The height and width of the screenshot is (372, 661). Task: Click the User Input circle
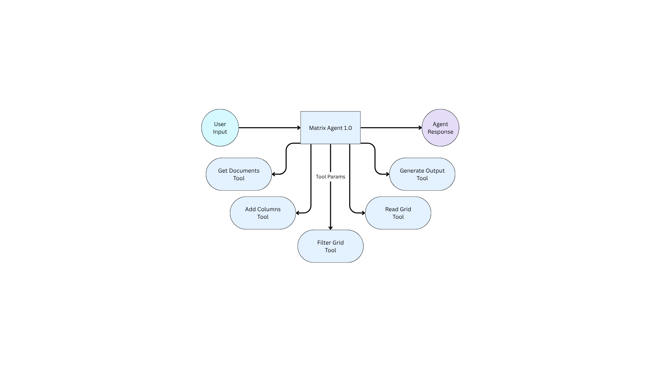coord(220,128)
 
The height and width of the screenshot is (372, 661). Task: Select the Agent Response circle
coord(440,128)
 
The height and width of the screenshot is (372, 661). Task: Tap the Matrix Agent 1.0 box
coord(330,127)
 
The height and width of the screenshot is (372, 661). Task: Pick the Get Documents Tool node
coord(239,174)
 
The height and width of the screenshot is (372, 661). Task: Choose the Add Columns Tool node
coord(263,213)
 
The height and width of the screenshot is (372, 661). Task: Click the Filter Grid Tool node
coord(330,246)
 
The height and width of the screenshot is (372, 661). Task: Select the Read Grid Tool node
coord(398,213)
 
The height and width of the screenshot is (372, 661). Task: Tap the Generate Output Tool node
coord(422,174)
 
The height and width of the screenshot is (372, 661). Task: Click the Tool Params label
coord(330,177)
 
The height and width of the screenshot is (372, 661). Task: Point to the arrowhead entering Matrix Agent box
coord(299,128)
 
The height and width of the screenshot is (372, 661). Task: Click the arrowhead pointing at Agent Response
coord(420,128)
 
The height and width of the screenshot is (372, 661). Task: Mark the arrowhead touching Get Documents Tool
coord(274,174)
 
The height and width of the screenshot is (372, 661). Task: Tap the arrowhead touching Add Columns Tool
coord(298,213)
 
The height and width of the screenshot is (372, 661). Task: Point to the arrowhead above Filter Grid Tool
coord(330,228)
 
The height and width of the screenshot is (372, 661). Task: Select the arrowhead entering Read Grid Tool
coord(363,213)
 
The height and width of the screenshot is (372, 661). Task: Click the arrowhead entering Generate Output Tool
coord(387,174)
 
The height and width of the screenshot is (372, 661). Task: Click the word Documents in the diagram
coord(244,170)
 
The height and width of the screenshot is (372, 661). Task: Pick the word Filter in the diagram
coord(324,242)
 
